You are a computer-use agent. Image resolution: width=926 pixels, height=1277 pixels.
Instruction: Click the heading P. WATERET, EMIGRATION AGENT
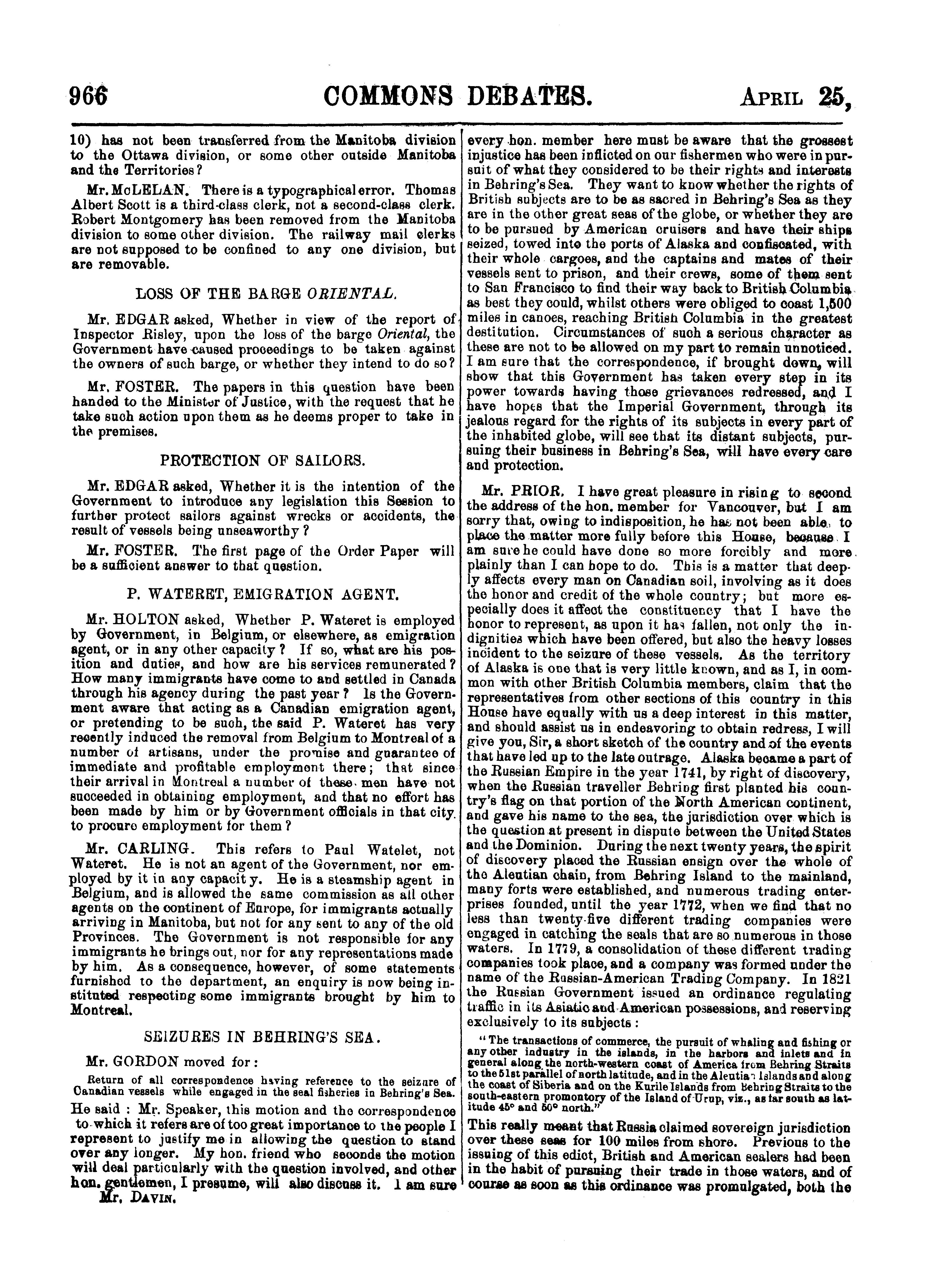263,593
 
